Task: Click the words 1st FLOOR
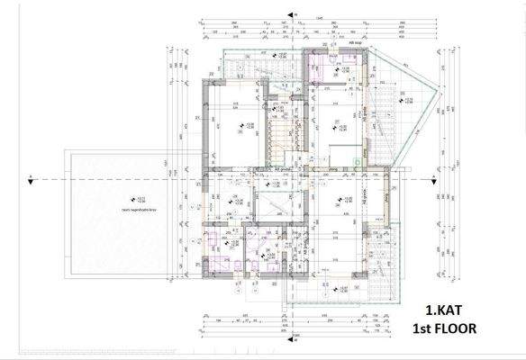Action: pos(442,329)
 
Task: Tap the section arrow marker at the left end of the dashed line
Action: pos(32,175)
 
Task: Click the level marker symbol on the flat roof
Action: pos(132,198)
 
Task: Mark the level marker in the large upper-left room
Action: pos(240,126)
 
